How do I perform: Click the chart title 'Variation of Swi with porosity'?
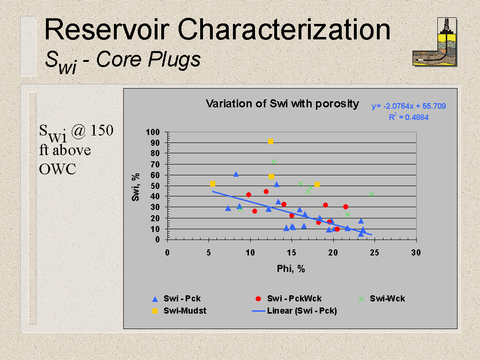click(x=282, y=104)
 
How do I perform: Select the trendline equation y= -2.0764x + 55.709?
click(x=409, y=106)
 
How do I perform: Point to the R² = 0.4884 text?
click(x=409, y=117)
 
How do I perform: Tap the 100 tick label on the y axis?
click(x=153, y=132)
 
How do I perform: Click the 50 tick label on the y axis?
click(x=155, y=186)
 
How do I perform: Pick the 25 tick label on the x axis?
click(x=375, y=253)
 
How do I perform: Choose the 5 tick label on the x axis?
click(x=209, y=253)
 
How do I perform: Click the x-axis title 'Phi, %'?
click(x=291, y=269)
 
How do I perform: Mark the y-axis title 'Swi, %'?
click(x=135, y=187)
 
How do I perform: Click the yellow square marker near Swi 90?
click(x=270, y=142)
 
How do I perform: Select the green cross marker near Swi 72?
click(x=274, y=162)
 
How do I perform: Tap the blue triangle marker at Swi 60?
click(x=236, y=174)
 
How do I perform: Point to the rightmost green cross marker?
click(x=372, y=195)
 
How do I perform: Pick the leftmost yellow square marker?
click(x=212, y=184)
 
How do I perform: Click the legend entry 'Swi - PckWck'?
click(x=288, y=299)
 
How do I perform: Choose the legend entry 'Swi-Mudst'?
click(x=179, y=311)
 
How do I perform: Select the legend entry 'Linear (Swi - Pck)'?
click(x=294, y=311)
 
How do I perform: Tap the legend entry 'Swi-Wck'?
click(x=382, y=299)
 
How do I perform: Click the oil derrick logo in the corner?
click(x=435, y=42)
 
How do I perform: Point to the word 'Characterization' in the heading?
click(x=284, y=30)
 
